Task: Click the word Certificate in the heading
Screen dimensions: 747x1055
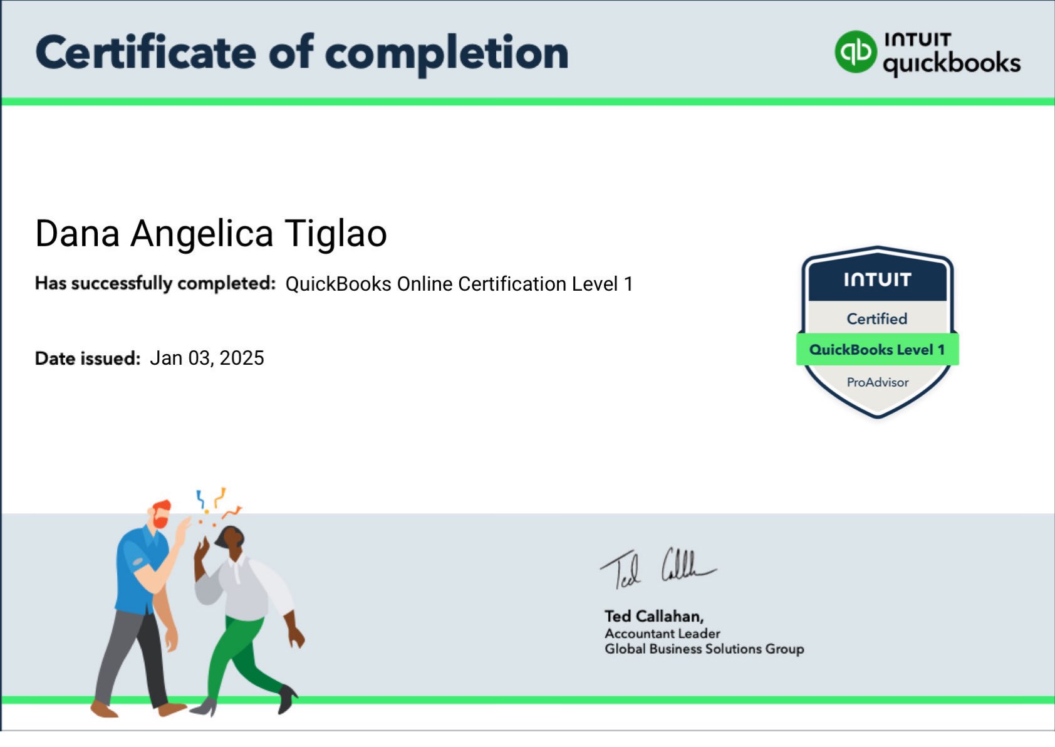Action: tap(145, 53)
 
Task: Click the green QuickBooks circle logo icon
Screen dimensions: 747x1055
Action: tap(855, 51)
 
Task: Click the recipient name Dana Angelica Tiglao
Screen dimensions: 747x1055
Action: tap(211, 234)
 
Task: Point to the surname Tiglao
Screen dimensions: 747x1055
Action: tap(336, 234)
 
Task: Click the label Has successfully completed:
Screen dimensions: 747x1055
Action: tap(155, 283)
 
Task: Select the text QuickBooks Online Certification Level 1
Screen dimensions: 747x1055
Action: tap(459, 284)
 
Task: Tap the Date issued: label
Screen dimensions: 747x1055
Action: tap(88, 358)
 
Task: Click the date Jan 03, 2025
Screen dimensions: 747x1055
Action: tap(207, 358)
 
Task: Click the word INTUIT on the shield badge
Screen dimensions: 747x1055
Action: tap(877, 279)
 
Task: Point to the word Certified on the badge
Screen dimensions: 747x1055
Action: tap(877, 319)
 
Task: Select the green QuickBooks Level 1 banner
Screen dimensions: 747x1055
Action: tap(877, 350)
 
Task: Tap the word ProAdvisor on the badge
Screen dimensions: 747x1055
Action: tap(877, 382)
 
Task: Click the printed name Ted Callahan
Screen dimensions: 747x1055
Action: tap(653, 616)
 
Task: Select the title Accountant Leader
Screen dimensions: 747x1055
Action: tap(662, 634)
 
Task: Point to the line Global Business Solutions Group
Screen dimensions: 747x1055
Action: tap(704, 649)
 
